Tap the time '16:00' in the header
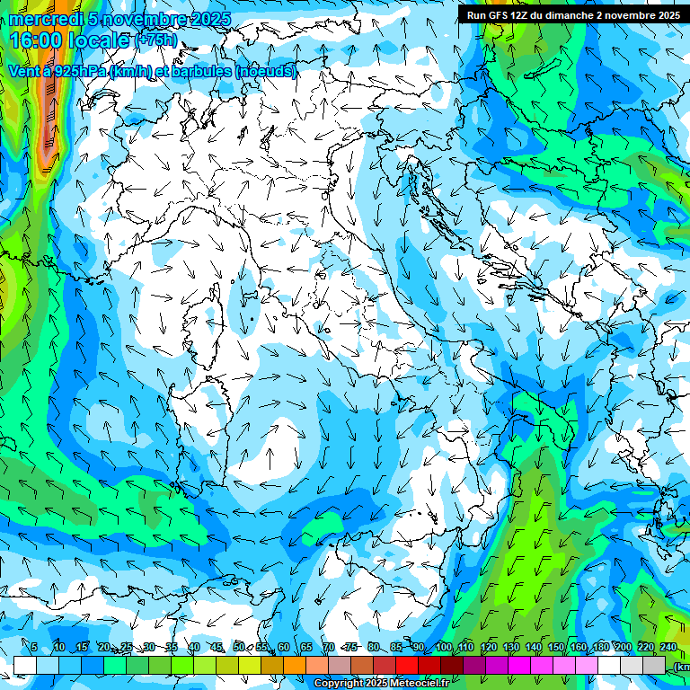click(35, 40)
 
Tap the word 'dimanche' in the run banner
click(566, 15)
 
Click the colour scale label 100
click(444, 647)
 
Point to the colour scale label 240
click(668, 647)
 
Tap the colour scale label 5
click(34, 647)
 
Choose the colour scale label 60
click(284, 647)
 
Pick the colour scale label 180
click(599, 647)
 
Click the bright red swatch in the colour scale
click(407, 665)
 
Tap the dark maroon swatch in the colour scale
click(452, 665)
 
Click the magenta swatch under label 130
click(519, 665)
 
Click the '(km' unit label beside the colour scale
click(682, 667)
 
